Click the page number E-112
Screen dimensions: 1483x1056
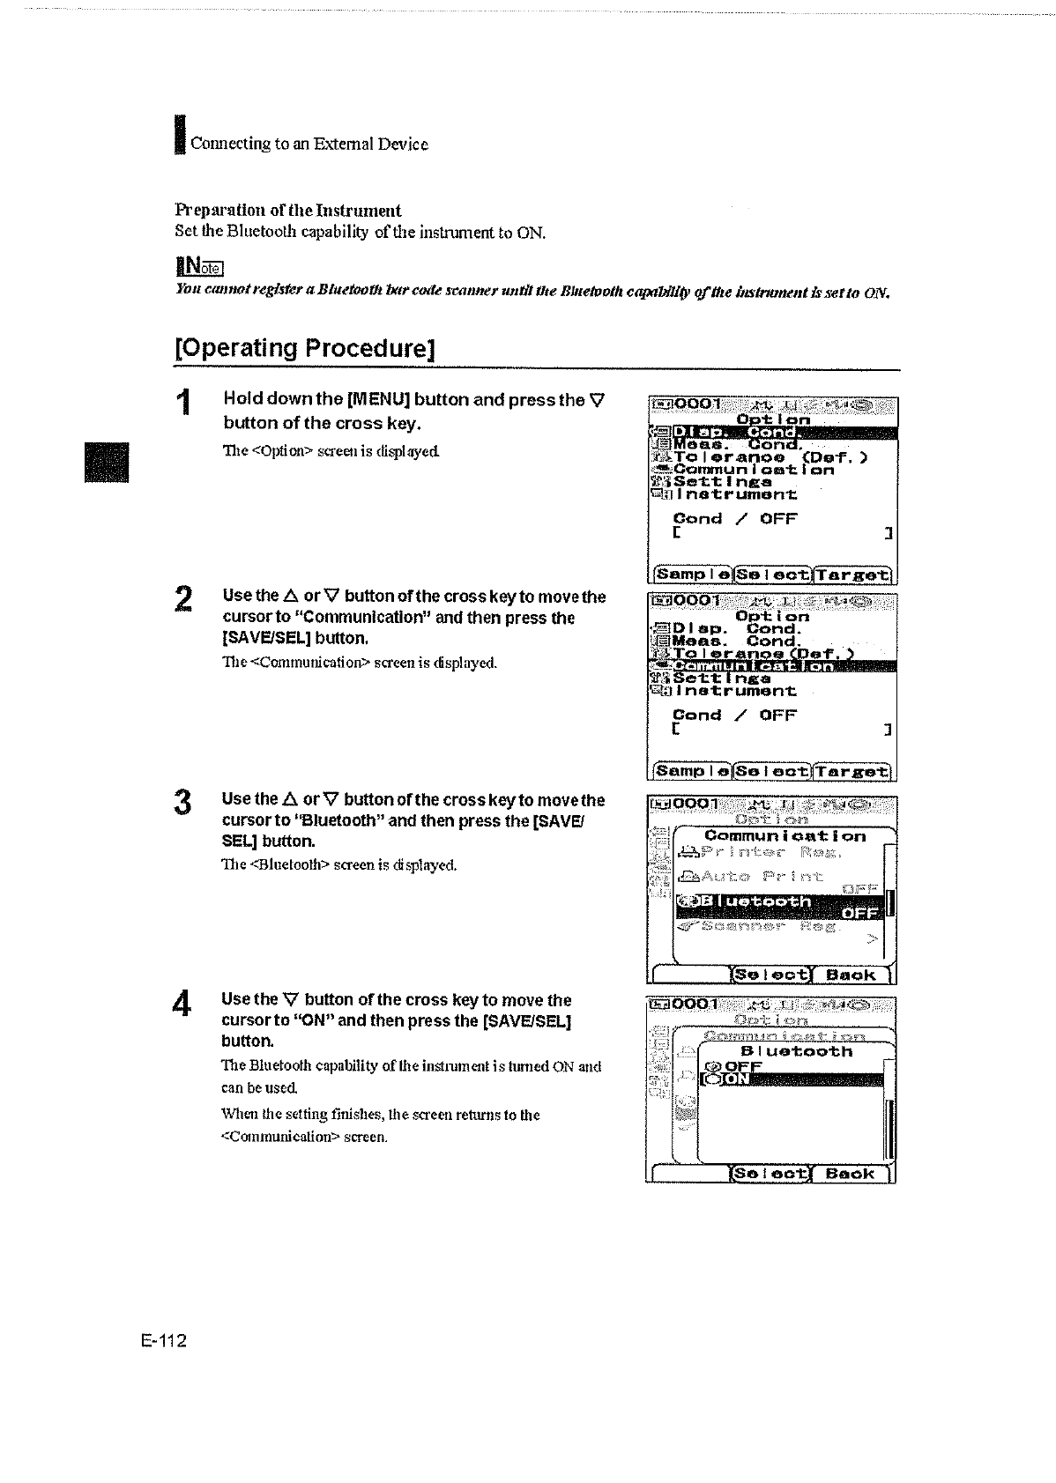(163, 1341)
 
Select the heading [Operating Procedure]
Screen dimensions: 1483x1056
(306, 347)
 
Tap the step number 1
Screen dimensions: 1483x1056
(182, 404)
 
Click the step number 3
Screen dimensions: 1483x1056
(182, 803)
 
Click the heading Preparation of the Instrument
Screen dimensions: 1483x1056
(287, 211)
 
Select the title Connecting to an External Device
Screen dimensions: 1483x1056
(309, 144)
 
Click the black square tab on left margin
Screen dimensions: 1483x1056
(106, 462)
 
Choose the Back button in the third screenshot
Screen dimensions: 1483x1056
(851, 975)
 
